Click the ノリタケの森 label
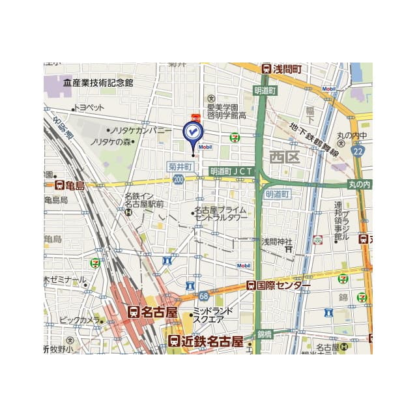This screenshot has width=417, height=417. pyautogui.click(x=111, y=141)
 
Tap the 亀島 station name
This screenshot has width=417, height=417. pyautogui.click(x=74, y=186)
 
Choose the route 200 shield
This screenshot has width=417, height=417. pyautogui.click(x=179, y=179)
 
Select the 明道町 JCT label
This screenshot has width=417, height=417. pyautogui.click(x=231, y=171)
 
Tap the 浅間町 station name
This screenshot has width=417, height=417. pyautogui.click(x=286, y=69)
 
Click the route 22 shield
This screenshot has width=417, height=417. pyautogui.click(x=358, y=151)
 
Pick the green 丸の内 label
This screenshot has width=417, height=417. pyautogui.click(x=359, y=185)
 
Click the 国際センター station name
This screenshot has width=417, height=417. pyautogui.click(x=283, y=285)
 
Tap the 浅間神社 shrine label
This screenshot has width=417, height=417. pyautogui.click(x=277, y=241)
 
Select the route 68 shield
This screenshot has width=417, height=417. pyautogui.click(x=203, y=296)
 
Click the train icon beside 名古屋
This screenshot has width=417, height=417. pyautogui.click(x=134, y=313)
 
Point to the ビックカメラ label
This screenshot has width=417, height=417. pyautogui.click(x=79, y=321)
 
